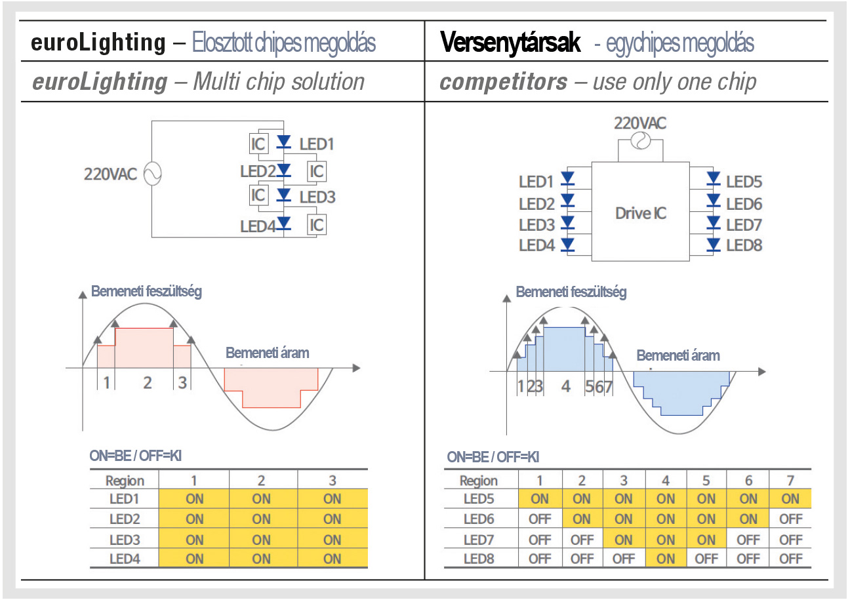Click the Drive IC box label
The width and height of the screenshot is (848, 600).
point(641,213)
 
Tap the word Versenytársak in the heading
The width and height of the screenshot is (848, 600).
point(510,43)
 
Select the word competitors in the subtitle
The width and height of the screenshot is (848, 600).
point(503,82)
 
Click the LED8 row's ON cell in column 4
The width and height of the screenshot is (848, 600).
point(666,558)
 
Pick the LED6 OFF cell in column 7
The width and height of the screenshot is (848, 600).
point(790,519)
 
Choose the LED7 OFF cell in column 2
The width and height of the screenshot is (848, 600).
point(582,540)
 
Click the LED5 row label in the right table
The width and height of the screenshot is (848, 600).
point(479,498)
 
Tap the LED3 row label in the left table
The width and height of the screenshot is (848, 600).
point(125,540)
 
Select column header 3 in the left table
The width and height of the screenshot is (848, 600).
point(333,481)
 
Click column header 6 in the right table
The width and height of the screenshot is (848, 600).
point(748,481)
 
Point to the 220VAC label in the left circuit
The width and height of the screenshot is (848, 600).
point(110,174)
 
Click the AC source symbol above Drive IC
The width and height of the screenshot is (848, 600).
point(641,141)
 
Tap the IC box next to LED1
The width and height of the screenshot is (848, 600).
point(258,144)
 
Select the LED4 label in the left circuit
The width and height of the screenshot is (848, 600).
point(258,226)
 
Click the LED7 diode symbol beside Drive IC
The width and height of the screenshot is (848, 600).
point(714,223)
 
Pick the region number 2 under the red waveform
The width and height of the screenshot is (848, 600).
point(148,383)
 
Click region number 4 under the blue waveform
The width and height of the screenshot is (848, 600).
point(565,386)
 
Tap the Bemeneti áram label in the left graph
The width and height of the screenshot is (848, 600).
point(268,353)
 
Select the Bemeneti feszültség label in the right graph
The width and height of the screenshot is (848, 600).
point(571,292)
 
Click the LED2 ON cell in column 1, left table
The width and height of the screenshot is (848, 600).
point(194,519)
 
